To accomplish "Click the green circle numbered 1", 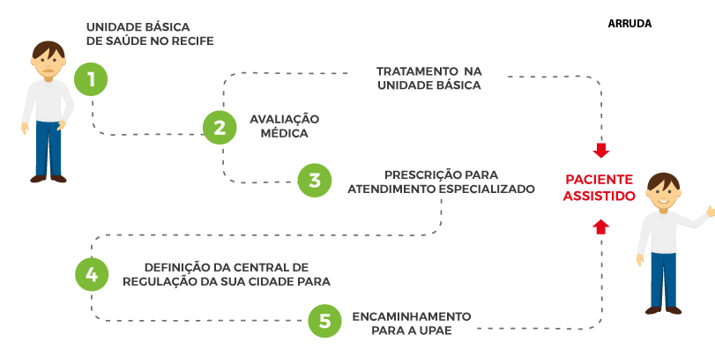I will [x=91, y=78].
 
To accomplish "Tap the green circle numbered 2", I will [x=220, y=127].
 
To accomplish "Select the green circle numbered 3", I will [x=314, y=180].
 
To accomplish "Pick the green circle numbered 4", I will [x=92, y=273].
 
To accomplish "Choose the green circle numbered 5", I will [x=324, y=322].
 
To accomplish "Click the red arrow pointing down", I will [x=600, y=150].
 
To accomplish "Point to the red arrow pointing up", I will [x=600, y=226].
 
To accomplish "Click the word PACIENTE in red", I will [x=599, y=179].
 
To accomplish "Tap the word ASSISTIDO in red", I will [x=599, y=196].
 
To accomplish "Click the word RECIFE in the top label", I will [x=194, y=41].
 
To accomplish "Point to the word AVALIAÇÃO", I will [x=284, y=118].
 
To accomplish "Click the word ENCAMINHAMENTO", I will [x=412, y=315].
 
